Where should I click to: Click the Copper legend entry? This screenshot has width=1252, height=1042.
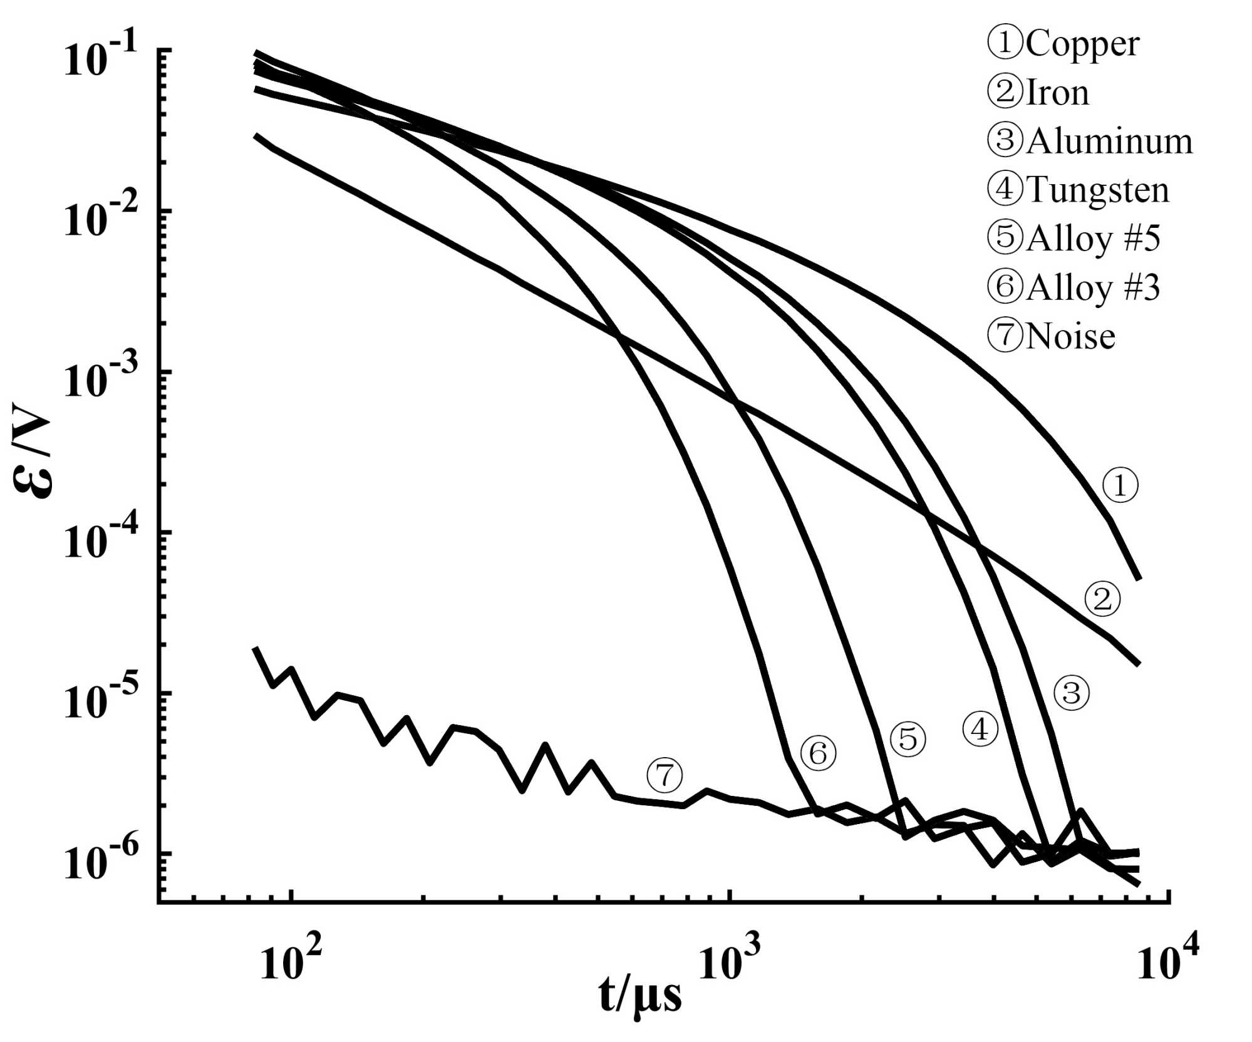[1063, 44]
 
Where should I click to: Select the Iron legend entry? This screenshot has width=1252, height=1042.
[1038, 93]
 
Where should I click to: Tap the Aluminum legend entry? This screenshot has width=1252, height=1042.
[1090, 142]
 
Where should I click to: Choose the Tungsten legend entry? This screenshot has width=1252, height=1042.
[1078, 190]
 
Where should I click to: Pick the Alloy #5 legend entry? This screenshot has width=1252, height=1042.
[1074, 239]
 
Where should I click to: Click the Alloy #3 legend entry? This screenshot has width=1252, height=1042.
[1074, 287]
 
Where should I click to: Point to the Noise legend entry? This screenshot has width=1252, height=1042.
[1051, 336]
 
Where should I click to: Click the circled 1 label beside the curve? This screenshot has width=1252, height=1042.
[1120, 485]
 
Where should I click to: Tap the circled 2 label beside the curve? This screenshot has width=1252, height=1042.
[1102, 599]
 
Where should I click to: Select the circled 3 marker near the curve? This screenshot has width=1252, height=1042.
[1072, 693]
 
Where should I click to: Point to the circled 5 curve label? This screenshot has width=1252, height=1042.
[908, 740]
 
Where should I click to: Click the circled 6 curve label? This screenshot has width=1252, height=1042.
[819, 753]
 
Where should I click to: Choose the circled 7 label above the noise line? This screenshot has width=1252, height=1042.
[665, 776]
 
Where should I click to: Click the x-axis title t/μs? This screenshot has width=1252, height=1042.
[639, 996]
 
